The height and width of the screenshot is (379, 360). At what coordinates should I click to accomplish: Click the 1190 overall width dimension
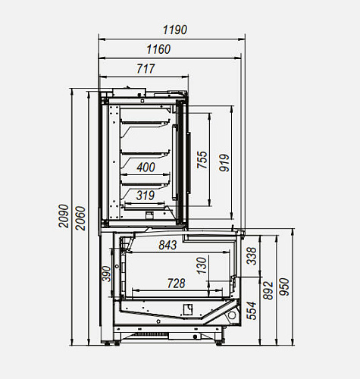click(175, 30)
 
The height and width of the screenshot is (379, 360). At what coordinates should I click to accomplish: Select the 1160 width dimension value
click(158, 49)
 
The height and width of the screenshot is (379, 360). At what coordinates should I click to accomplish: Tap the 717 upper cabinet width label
click(146, 69)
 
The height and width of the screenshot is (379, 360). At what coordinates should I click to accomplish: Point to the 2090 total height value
click(64, 216)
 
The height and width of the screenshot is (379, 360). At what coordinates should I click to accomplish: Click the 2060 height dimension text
click(80, 218)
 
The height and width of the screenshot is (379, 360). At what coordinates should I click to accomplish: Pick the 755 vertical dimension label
click(202, 160)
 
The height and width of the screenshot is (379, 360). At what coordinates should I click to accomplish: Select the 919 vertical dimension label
click(224, 163)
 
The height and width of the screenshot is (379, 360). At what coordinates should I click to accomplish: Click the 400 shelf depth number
click(146, 168)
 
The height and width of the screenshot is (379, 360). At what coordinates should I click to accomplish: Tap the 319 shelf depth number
click(146, 196)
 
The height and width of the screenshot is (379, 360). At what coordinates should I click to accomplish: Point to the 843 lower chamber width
click(167, 245)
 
